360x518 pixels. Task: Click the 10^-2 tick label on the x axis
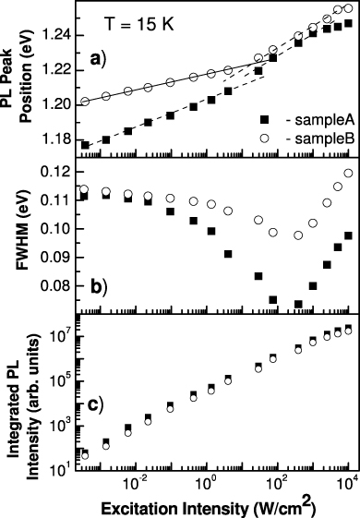[x=135, y=483]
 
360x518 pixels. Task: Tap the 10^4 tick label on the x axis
[x=345, y=483]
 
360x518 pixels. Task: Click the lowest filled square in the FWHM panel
[x=298, y=304]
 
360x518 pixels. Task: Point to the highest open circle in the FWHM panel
[x=348, y=173]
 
